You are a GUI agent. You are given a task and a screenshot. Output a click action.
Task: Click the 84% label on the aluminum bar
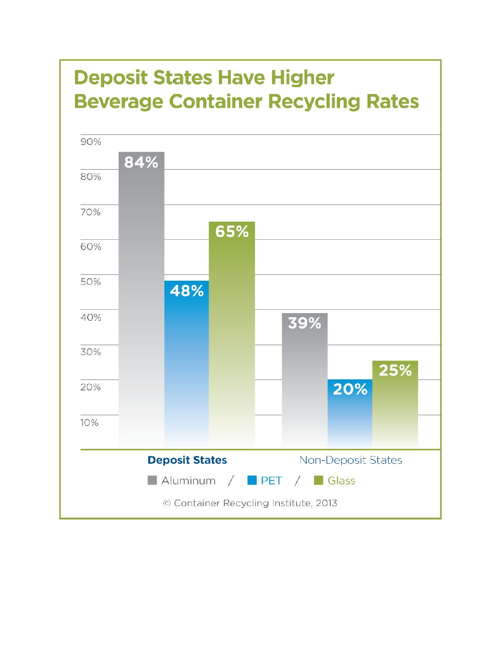141,162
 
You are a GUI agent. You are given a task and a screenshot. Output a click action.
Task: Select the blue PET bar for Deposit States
186,364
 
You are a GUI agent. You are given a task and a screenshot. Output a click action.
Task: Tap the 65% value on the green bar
232,231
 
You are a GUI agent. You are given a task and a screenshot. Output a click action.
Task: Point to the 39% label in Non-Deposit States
304,323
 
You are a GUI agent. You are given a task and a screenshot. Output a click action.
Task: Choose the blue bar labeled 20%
350,415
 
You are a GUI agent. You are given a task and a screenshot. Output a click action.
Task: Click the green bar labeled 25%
395,406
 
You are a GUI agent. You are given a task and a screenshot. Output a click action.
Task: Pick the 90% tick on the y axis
91,142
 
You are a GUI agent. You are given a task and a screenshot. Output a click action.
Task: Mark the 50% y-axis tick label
91,282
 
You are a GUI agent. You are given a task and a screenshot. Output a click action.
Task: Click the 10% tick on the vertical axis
89,423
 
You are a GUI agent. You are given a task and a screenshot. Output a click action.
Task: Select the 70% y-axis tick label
91,212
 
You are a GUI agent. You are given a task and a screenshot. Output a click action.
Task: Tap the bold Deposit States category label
187,460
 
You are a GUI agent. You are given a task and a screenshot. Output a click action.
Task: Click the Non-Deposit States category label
350,460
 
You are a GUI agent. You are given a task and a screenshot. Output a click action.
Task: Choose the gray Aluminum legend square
152,480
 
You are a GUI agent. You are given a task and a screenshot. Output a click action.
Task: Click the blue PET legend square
252,480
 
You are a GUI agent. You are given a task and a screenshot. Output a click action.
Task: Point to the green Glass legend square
318,480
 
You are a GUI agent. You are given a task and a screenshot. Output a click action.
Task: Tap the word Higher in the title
302,77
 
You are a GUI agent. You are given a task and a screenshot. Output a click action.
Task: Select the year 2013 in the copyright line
326,503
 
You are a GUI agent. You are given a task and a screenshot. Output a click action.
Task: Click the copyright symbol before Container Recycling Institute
167,503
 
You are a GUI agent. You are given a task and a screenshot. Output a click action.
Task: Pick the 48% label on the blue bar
186,291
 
